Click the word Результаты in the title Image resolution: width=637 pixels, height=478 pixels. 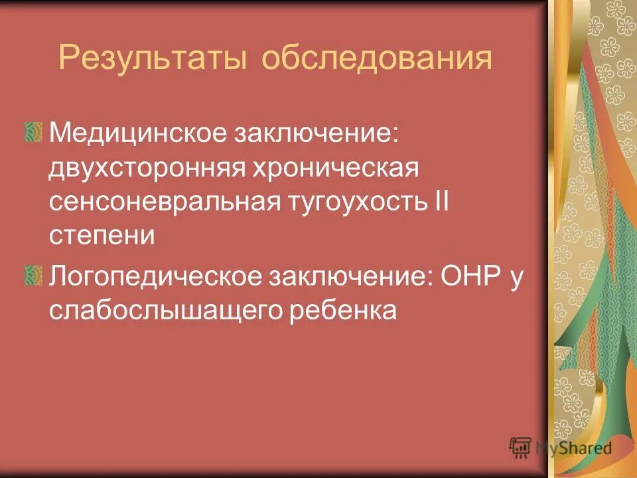[153, 59]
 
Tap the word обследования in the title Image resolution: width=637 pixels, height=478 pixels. [376, 59]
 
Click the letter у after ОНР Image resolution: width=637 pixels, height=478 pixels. [517, 279]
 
